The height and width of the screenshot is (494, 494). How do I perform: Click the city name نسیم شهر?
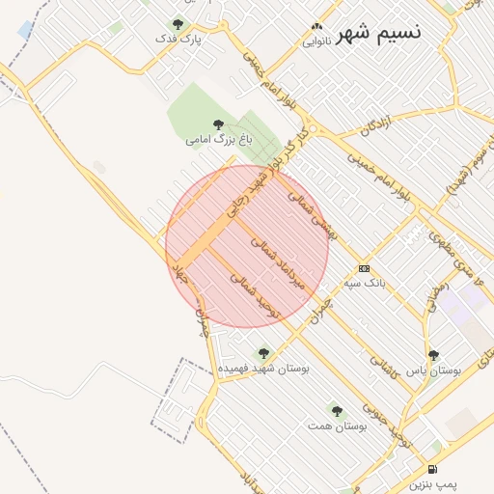point(378,31)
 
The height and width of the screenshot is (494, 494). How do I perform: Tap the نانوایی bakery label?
point(316,41)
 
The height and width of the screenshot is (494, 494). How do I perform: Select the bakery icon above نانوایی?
point(316,27)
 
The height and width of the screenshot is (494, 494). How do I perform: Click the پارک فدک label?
point(178,40)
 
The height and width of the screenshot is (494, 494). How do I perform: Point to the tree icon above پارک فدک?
point(177,24)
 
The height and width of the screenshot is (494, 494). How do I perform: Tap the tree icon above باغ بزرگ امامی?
point(218,124)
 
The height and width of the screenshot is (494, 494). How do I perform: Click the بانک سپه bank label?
point(365,285)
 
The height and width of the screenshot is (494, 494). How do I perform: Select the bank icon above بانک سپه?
point(364,269)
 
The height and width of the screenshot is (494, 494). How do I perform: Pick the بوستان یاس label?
point(433,370)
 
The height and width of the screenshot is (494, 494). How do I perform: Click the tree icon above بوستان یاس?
point(433,355)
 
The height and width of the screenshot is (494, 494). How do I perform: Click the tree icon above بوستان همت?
point(337,411)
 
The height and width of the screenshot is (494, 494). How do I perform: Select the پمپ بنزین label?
point(428,483)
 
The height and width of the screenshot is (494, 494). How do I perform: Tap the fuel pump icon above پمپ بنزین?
point(429,469)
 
